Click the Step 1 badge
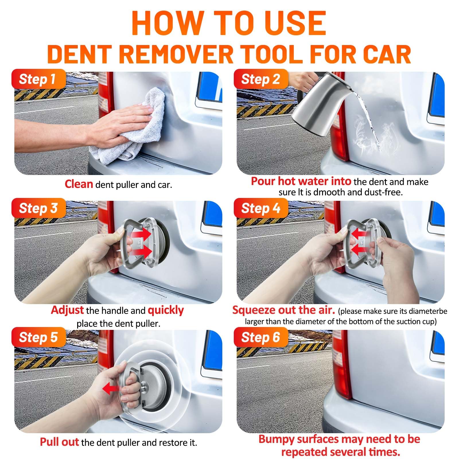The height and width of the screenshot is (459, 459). pos(37,79)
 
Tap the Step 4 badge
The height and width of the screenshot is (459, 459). pos(260,208)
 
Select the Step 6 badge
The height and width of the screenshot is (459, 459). pos(260,337)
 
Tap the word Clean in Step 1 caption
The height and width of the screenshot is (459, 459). pos(79,184)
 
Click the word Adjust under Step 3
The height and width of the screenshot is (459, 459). pos(67,310)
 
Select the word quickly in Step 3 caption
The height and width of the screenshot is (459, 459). pos(166,310)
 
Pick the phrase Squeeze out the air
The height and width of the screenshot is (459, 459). pos(283,310)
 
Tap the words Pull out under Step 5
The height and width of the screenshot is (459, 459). pos(59,442)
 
